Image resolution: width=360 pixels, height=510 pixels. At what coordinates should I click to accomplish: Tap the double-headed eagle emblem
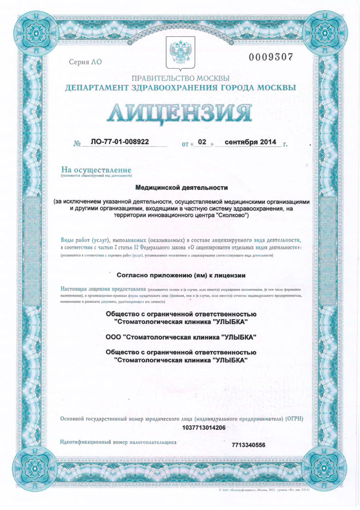180,53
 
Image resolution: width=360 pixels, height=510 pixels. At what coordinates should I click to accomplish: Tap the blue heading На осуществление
96,169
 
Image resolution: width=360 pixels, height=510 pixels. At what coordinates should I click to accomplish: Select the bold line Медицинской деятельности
180,187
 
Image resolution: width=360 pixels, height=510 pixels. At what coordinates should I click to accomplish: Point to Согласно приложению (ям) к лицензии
181,276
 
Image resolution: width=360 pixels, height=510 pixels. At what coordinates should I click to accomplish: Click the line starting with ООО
181,337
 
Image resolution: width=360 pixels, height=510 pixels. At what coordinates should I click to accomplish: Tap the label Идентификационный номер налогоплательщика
118,442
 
